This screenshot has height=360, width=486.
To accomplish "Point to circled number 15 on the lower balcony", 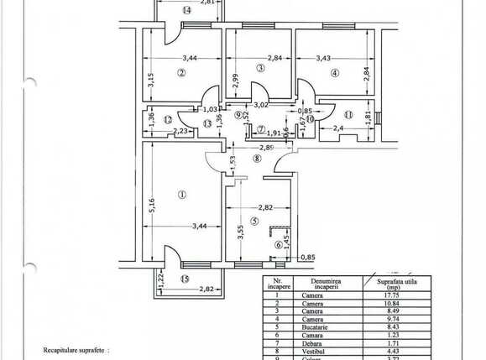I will [x=186, y=278].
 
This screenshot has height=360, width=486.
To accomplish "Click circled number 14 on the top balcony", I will [x=186, y=10].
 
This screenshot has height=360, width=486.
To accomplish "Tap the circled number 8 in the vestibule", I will [x=258, y=157].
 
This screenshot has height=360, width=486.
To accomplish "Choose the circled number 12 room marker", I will [x=168, y=119].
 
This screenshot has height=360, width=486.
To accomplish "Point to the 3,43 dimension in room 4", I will [x=323, y=58].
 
